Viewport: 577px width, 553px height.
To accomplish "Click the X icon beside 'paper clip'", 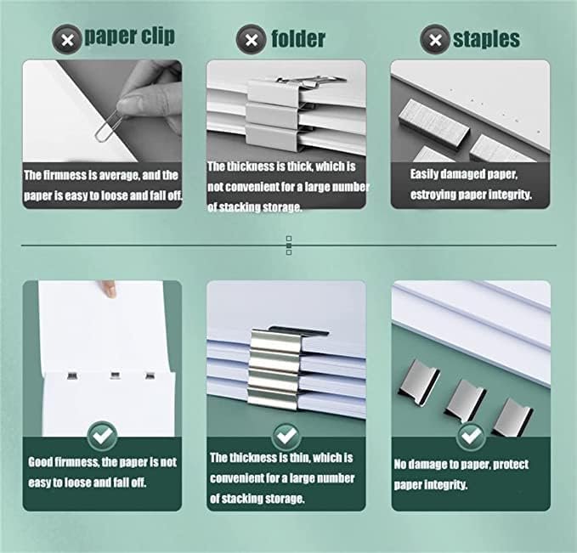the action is coord(67,39).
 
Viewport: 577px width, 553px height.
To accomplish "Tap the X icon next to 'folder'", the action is coord(252,39).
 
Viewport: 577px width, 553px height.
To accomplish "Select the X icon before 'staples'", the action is coord(435,39).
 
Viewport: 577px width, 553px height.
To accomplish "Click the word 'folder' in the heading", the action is coord(298,39).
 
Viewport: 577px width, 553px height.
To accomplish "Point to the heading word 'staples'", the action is coord(486,39).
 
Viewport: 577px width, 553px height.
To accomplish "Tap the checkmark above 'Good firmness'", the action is coord(103,436).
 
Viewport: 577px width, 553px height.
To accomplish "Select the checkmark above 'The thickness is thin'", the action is coord(286,436).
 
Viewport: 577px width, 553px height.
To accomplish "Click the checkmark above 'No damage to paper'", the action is coord(471,436).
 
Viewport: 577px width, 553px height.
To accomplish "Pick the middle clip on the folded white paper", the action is coord(116,375).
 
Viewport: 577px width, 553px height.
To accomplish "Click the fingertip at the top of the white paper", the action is coord(109,289).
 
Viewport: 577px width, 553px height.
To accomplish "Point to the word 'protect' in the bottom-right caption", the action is coord(511,465).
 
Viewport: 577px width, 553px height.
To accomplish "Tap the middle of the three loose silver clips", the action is coord(466,401).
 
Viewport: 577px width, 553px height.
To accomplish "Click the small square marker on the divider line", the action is coord(289,245).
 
